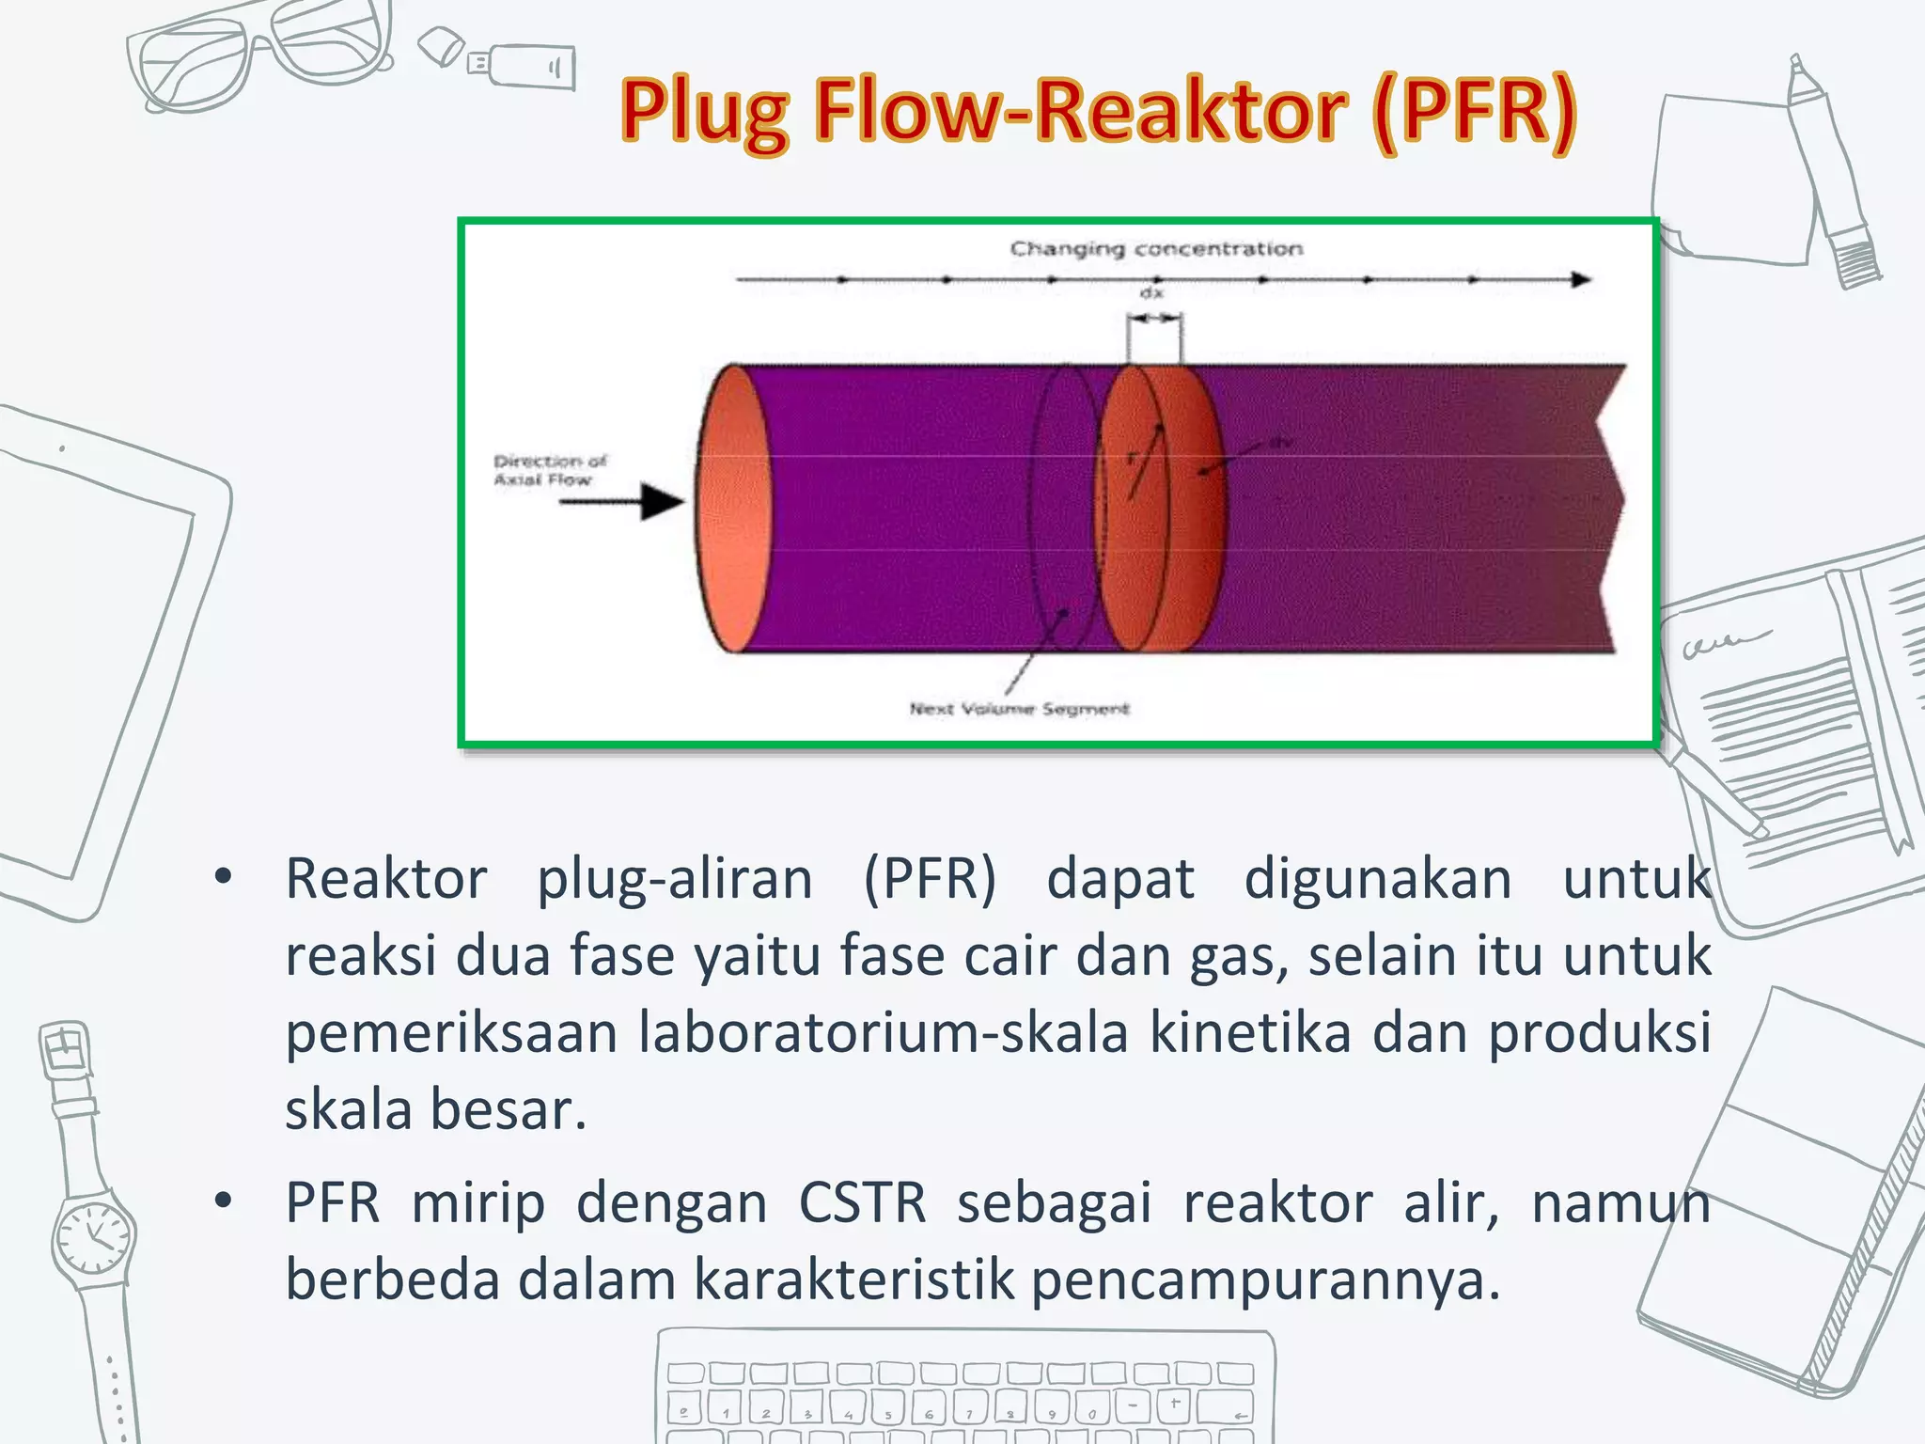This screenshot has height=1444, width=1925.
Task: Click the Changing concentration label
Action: click(x=1156, y=248)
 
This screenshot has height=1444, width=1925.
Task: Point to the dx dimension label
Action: click(x=1151, y=293)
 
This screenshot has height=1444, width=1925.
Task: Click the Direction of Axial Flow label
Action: click(x=550, y=470)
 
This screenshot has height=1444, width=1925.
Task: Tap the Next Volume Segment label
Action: click(x=1019, y=708)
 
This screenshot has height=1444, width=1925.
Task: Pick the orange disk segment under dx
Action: click(x=1161, y=508)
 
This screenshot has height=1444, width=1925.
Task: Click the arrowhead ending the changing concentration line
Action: click(x=1581, y=279)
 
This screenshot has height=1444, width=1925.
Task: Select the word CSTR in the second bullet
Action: click(x=862, y=1202)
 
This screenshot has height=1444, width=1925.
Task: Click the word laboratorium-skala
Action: click(x=883, y=1032)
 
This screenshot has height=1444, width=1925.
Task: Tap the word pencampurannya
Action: click(x=1265, y=1279)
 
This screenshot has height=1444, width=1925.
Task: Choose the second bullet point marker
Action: click(x=223, y=1201)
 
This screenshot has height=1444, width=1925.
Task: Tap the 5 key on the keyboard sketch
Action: click(x=886, y=1411)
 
